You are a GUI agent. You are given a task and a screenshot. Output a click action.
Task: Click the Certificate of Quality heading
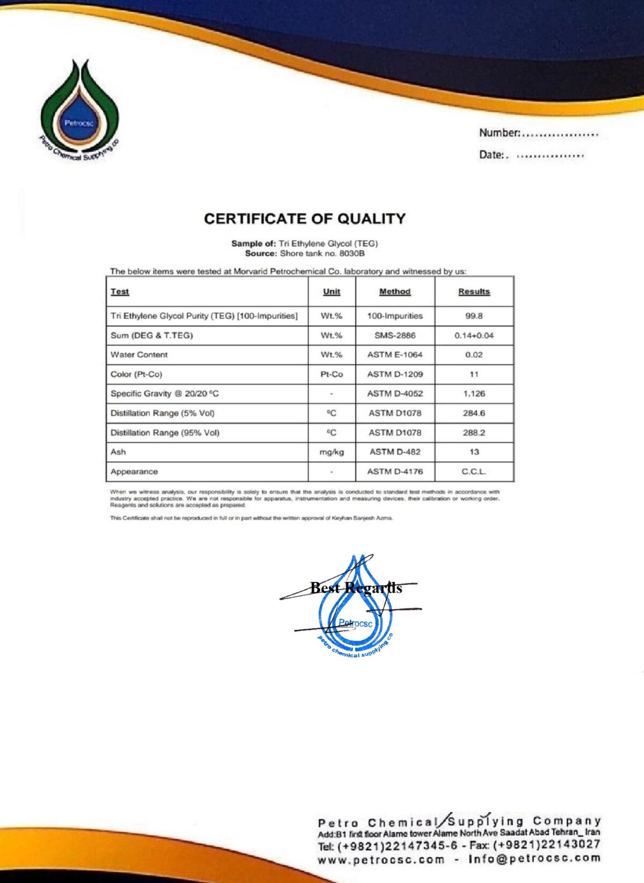point(304,219)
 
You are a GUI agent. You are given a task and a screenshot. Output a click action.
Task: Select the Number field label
point(499,133)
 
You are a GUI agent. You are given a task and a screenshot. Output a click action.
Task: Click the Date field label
point(492,155)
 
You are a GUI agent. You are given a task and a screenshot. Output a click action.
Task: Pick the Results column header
point(474,291)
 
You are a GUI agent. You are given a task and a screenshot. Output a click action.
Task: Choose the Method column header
point(394,291)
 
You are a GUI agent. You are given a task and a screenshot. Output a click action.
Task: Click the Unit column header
point(331,291)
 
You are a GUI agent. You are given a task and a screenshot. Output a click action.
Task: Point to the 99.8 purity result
point(474,316)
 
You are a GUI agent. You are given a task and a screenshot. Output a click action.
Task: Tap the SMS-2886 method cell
point(394,335)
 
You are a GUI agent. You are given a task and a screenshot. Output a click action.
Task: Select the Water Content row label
point(139,355)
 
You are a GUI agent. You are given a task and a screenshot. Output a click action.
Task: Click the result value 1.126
point(474,394)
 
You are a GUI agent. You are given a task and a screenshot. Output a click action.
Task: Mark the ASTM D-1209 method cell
point(394,374)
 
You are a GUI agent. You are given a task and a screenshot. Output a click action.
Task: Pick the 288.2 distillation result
point(474,432)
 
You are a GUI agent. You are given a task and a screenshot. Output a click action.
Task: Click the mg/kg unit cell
point(331,452)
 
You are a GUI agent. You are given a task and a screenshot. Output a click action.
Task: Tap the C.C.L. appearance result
point(474,472)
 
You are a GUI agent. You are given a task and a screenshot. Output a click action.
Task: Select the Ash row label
point(118,452)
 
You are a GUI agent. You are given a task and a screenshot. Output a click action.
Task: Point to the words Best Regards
point(356,588)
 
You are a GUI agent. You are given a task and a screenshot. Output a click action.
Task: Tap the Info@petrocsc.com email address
point(535,858)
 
